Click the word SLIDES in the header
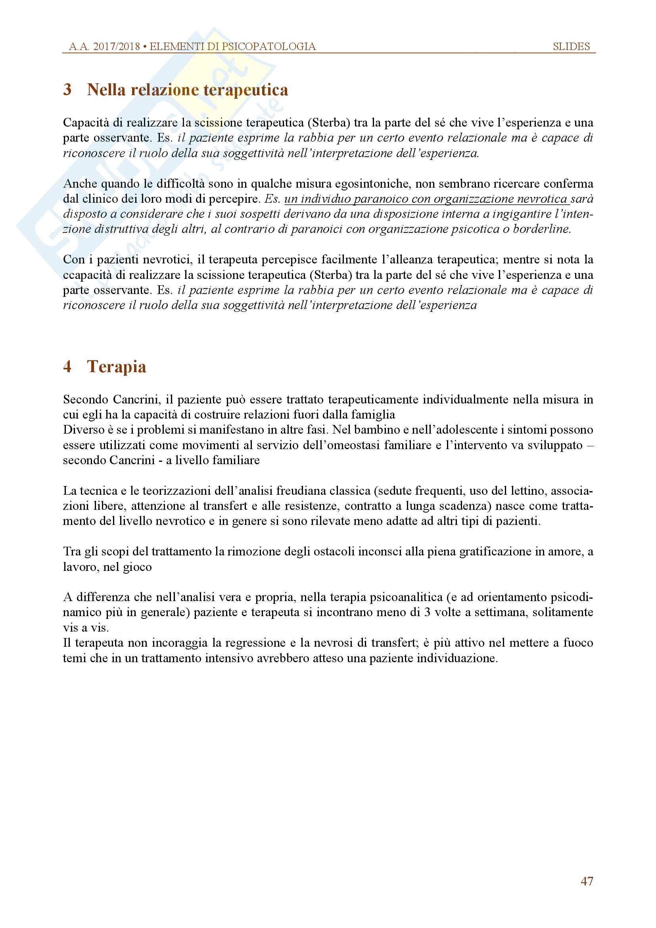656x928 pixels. pyautogui.click(x=571, y=46)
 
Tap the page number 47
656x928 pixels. pyautogui.click(x=587, y=881)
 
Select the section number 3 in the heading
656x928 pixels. pyautogui.click(x=67, y=90)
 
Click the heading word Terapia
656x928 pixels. pyautogui.click(x=117, y=367)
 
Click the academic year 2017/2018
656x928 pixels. pyautogui.click(x=116, y=46)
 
